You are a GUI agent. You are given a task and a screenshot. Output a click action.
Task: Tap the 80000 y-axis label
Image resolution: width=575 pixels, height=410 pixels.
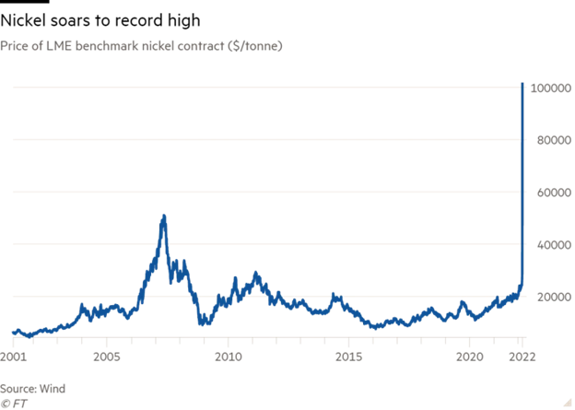(x=548, y=140)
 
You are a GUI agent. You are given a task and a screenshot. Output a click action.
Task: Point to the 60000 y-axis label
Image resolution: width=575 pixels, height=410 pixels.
(x=548, y=192)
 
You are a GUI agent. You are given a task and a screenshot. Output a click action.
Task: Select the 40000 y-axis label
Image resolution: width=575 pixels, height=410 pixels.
(x=548, y=244)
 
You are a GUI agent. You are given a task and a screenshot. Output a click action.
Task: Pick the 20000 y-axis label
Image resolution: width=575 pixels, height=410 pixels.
(x=548, y=297)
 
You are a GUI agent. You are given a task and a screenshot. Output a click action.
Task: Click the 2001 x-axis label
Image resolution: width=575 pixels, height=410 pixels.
(x=14, y=355)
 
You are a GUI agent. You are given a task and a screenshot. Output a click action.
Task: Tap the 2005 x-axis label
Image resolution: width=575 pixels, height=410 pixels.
(x=108, y=355)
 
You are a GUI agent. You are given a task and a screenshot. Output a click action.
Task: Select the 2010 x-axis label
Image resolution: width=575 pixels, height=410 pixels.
(x=228, y=355)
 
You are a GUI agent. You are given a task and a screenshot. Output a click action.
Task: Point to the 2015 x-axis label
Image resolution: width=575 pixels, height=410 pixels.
(x=348, y=355)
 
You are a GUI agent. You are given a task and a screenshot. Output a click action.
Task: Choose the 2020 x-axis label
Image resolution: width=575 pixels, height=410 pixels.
(x=469, y=355)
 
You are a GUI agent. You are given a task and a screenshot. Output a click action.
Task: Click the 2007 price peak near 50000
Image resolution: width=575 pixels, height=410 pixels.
(x=164, y=217)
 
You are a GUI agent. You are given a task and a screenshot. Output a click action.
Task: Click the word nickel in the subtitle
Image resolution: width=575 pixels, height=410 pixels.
(x=162, y=44)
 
